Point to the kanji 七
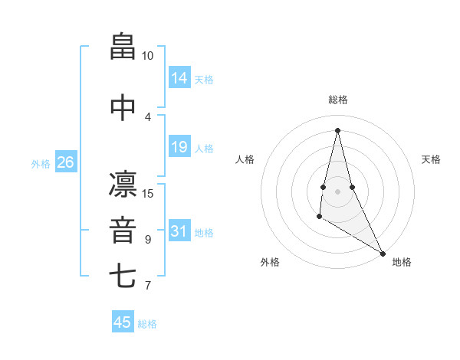[123, 276]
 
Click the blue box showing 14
[179, 77]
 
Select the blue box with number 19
[179, 146]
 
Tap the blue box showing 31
[179, 231]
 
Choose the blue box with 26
[65, 162]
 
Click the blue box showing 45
[123, 322]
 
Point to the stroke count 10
[147, 56]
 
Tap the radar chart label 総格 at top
[338, 100]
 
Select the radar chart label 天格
[431, 159]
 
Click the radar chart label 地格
[402, 262]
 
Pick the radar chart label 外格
[270, 262]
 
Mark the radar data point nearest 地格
[383, 253]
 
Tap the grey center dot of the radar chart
[338, 191]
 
